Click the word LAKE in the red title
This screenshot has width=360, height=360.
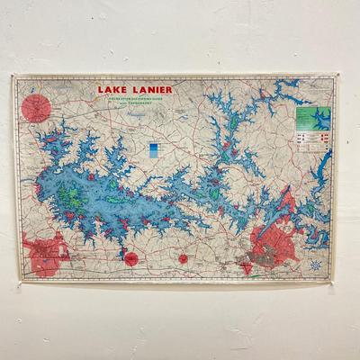tap(112, 89)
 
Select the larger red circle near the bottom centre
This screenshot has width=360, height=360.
tap(131, 258)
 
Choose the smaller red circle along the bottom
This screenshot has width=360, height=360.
tap(183, 258)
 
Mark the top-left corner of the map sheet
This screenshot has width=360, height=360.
tap(13, 76)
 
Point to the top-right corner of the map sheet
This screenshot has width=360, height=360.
tap(335, 75)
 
